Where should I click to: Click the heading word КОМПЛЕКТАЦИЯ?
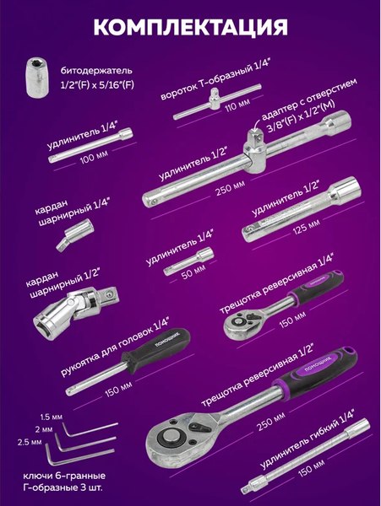click(190, 27)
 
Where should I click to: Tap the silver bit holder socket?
click(38, 77)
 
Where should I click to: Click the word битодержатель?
click(96, 70)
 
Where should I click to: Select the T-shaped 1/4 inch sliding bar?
click(217, 102)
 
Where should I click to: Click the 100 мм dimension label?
click(94, 156)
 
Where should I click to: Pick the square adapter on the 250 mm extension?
click(257, 152)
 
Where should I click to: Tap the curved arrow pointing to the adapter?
click(257, 124)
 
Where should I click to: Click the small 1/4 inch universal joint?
click(74, 234)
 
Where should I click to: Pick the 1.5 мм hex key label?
click(51, 417)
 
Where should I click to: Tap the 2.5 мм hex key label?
click(30, 442)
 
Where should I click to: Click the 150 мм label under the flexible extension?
click(311, 468)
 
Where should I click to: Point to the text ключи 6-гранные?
click(64, 476)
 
